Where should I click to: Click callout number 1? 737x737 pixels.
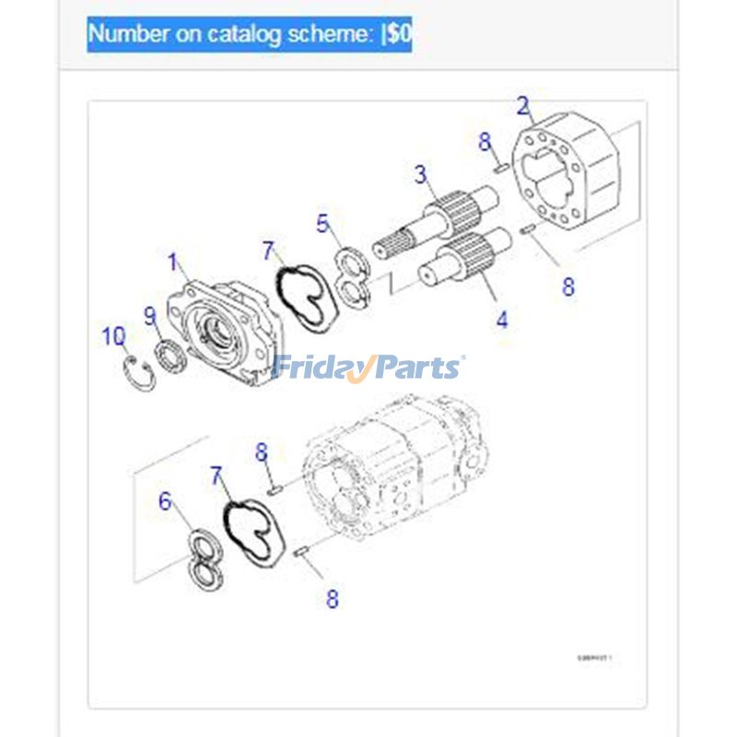[172, 262]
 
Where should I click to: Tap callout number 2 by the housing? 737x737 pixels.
[523, 105]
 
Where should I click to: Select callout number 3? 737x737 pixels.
[420, 173]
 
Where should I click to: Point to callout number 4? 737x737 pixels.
[501, 320]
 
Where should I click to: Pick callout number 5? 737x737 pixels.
[322, 223]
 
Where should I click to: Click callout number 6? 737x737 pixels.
[166, 501]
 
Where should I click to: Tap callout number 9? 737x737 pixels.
[150, 316]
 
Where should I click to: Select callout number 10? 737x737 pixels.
[113, 336]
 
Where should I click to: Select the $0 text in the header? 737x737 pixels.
[399, 35]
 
